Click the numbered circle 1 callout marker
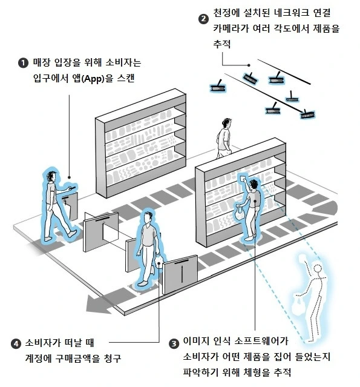tap(23, 63)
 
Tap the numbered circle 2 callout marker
tap(203, 19)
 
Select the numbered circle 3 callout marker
tap(174, 343)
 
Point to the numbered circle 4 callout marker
tap(16, 343)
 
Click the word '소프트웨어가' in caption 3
tap(261, 342)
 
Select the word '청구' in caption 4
tap(113, 358)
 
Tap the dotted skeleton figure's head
tap(317, 268)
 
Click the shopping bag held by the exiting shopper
tap(159, 260)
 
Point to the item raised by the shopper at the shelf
tap(243, 177)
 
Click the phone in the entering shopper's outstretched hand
tap(72, 188)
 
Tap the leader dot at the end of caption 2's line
tap(249, 65)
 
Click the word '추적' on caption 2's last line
tap(221, 44)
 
